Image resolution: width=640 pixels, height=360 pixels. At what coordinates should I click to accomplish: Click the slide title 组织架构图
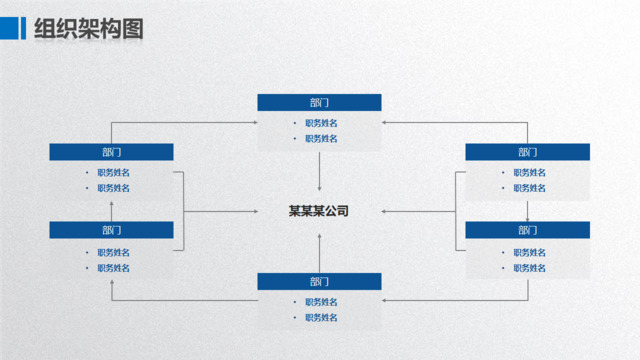[89, 29]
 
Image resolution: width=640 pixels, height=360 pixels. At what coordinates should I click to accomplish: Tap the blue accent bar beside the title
[23, 29]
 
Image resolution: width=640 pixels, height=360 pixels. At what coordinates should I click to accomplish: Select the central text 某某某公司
[319, 211]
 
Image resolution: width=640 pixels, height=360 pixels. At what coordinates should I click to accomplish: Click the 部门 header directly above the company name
[319, 102]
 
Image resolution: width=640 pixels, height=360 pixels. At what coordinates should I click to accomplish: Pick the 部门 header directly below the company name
[319, 281]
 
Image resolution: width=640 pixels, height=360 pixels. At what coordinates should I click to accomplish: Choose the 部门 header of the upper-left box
[111, 152]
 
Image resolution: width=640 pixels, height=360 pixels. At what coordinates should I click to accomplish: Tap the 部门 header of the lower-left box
[111, 230]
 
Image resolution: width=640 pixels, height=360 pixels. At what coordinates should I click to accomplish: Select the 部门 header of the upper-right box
[527, 152]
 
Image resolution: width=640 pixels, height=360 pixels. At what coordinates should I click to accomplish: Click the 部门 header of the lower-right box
[527, 230]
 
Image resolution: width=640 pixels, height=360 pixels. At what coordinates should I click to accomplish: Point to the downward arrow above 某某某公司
[319, 186]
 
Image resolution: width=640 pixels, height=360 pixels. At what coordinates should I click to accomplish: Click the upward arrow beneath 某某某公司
[319, 237]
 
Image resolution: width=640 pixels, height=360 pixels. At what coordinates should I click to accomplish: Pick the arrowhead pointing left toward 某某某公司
[385, 211]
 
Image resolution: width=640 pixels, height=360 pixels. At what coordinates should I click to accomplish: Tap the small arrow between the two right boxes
[527, 217]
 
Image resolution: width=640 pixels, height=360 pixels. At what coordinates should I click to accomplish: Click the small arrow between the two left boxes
[111, 204]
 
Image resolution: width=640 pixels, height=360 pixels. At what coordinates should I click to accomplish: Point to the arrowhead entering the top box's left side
[253, 123]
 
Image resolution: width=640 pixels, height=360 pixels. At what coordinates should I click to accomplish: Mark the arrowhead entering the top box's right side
[386, 123]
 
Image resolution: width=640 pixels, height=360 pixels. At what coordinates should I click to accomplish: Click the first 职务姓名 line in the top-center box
[321, 123]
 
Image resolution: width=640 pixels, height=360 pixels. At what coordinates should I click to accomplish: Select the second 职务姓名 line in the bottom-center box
[321, 318]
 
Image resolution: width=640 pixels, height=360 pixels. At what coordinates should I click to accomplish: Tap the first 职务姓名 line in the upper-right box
[529, 172]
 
